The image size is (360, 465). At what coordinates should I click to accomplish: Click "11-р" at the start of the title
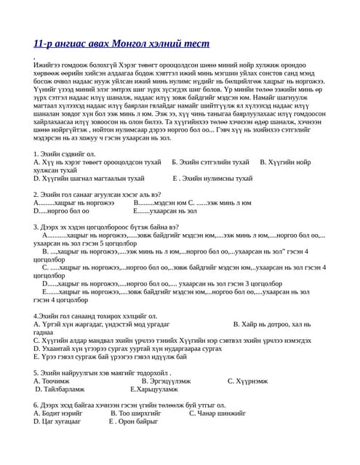(x=43, y=44)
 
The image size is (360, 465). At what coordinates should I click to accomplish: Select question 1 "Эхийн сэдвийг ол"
(x=65, y=154)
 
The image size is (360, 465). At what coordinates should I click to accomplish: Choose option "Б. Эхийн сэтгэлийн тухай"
(x=210, y=163)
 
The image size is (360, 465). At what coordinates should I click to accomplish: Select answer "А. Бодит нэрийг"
(x=58, y=413)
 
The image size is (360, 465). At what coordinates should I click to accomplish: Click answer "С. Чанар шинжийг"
(x=218, y=413)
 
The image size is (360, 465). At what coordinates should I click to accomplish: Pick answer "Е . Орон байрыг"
(x=134, y=421)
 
